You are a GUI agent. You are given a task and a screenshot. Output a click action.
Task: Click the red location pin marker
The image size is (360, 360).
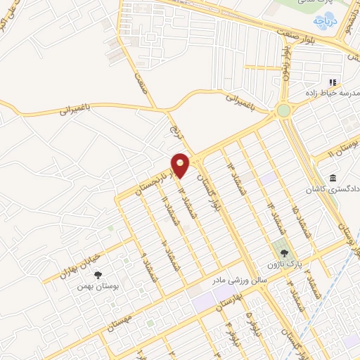[x=181, y=165]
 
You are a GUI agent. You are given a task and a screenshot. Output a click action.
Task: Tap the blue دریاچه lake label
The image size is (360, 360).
[x=326, y=21]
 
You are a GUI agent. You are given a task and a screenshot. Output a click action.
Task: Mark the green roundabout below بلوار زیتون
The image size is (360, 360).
[x=283, y=110]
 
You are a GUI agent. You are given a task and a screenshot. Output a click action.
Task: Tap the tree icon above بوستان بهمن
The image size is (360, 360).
[x=98, y=276]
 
